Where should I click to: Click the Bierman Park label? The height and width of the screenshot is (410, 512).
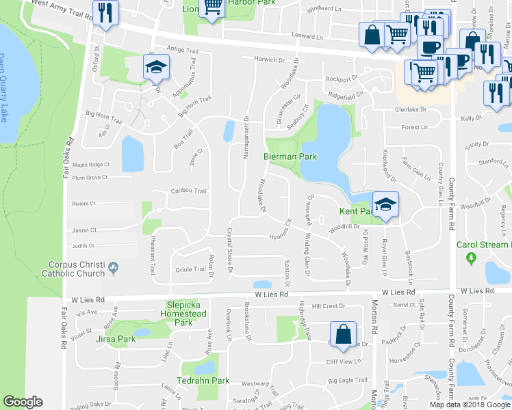(290, 156)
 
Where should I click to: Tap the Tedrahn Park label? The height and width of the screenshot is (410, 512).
(210, 380)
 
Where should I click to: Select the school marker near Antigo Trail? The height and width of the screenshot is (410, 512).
(155, 67)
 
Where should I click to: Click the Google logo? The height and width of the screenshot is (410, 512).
(23, 402)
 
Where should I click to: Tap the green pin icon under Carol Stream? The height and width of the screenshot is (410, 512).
(470, 258)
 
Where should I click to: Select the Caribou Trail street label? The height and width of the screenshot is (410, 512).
(188, 191)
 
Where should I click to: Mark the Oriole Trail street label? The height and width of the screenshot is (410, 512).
(191, 269)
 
